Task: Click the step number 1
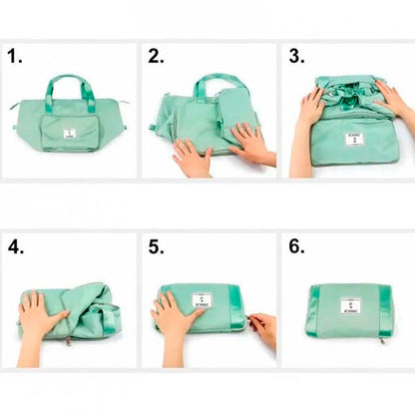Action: pyautogui.click(x=13, y=57)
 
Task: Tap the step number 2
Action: pyautogui.click(x=156, y=57)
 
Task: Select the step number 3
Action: pyautogui.click(x=296, y=57)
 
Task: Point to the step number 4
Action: pyautogui.click(x=14, y=245)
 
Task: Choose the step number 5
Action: pyautogui.click(x=156, y=245)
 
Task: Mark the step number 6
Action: pyautogui.click(x=296, y=245)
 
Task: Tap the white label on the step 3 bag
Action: pyautogui.click(x=353, y=139)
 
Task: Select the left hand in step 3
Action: pyautogui.click(x=309, y=109)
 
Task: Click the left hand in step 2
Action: pyautogui.click(x=189, y=156)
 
